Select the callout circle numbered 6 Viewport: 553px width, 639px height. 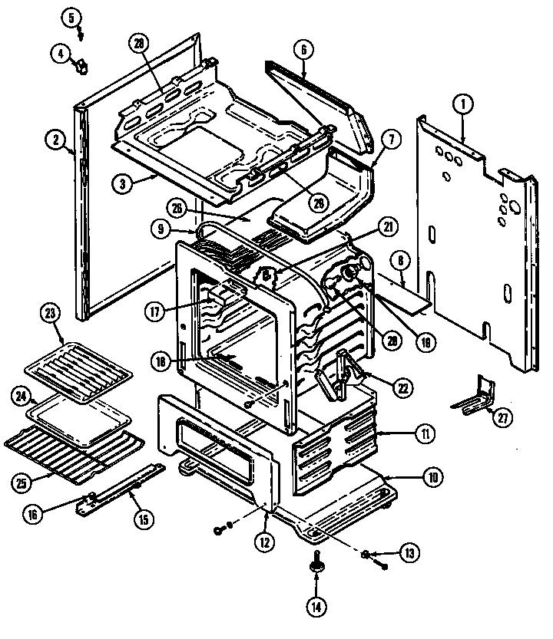coord(303,49)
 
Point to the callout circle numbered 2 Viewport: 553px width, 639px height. coord(55,140)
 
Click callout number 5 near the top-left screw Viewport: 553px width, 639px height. coord(73,16)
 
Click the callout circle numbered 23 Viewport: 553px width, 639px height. coord(51,314)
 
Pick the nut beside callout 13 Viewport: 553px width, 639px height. coord(368,553)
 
